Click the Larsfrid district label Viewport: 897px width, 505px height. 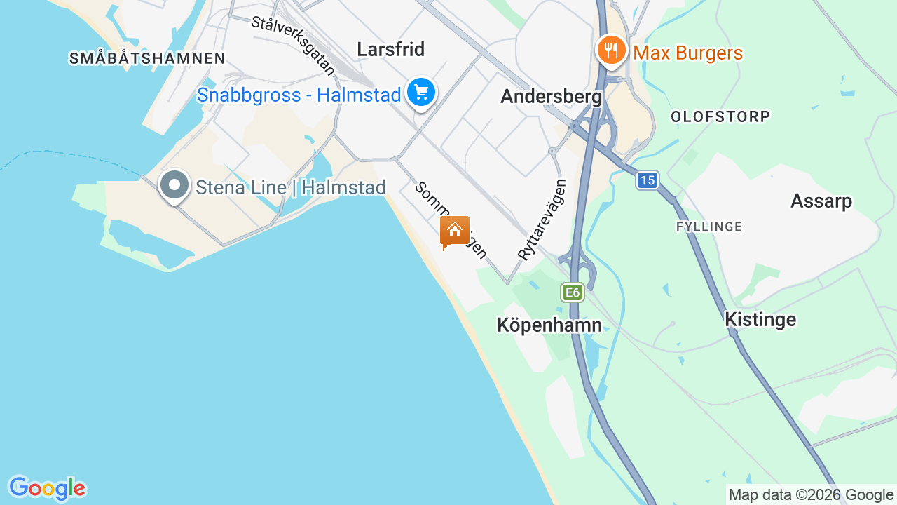click(390, 49)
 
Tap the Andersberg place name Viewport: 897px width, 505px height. click(551, 97)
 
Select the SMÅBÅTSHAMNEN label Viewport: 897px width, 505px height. click(147, 58)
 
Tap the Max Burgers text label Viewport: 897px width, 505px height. click(687, 53)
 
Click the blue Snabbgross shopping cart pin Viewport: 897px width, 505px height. click(421, 92)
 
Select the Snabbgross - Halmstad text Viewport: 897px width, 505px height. click(299, 95)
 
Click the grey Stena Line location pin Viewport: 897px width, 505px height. click(174, 186)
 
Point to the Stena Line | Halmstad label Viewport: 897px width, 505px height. click(291, 188)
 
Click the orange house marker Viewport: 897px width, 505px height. click(455, 230)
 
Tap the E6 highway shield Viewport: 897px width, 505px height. click(573, 292)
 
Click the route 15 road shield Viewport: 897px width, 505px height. click(648, 180)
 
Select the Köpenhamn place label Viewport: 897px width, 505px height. click(549, 325)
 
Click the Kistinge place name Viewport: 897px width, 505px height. click(760, 320)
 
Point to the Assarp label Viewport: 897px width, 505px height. click(821, 201)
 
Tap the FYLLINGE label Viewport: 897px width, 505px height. click(709, 227)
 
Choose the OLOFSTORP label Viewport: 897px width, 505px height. click(720, 116)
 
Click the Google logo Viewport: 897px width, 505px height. click(46, 488)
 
